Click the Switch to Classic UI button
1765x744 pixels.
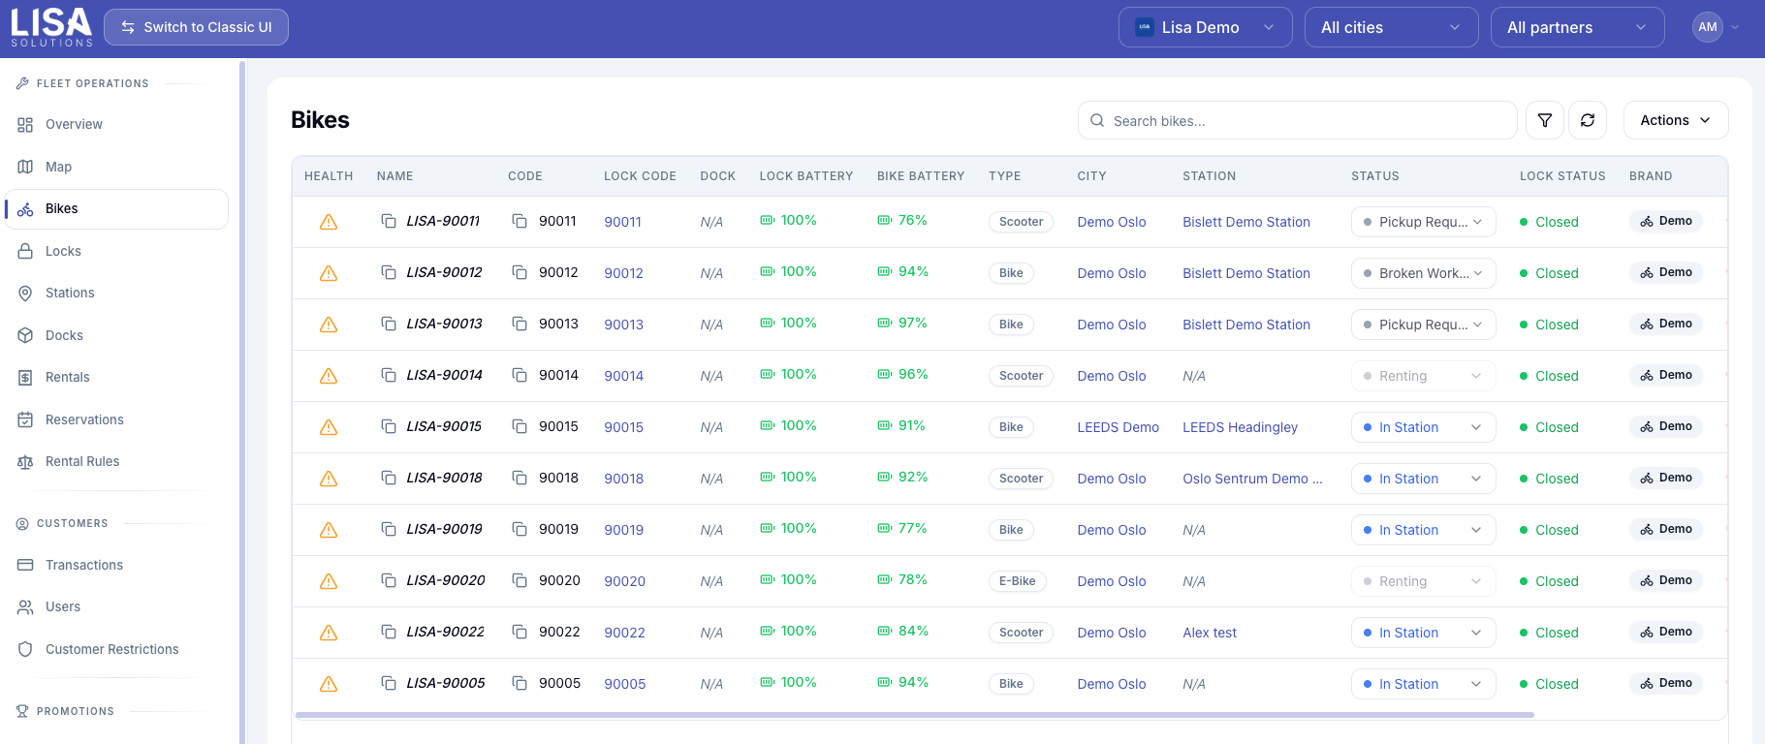[196, 27]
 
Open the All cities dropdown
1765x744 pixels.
[1391, 27]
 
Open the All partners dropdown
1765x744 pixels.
[1577, 27]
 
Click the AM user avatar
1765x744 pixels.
[1708, 27]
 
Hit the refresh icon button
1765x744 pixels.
[1588, 120]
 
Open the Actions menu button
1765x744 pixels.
[1676, 120]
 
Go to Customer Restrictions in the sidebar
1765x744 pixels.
[111, 649]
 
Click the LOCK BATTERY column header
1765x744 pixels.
[806, 176]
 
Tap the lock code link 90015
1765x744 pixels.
[623, 427]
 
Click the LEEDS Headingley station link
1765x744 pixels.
[1240, 427]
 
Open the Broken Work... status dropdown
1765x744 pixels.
[1423, 273]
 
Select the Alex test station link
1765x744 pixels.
[1210, 633]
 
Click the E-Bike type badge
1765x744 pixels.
[1017, 581]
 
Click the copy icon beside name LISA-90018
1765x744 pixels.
[389, 478]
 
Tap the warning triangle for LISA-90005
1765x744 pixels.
[329, 684]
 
